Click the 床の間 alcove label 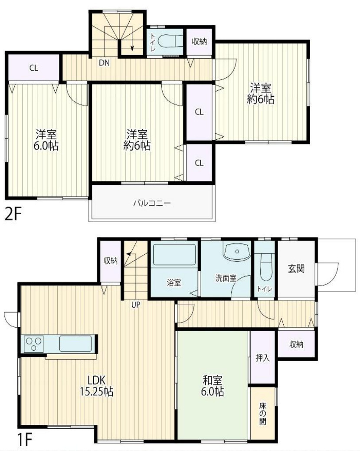(x=263, y=414)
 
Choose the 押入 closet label (x=262, y=358)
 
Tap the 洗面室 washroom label (x=226, y=278)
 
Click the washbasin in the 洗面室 (x=236, y=252)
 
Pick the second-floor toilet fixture (x=170, y=41)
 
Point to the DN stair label (x=104, y=62)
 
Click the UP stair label (x=136, y=304)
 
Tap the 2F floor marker (x=13, y=214)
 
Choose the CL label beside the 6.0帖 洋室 (x=33, y=68)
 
